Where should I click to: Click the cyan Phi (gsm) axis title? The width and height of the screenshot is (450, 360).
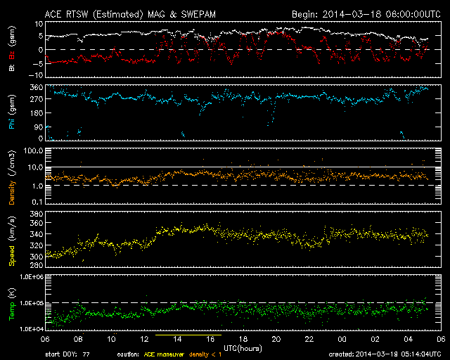click(12, 112)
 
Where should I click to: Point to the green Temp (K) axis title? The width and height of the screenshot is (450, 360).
click(12, 304)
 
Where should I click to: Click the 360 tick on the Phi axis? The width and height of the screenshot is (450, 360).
click(37, 87)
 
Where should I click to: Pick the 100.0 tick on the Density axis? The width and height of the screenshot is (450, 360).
click(34, 150)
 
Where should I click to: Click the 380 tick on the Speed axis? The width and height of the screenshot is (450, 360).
click(37, 214)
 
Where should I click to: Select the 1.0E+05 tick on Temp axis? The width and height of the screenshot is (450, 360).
click(31, 303)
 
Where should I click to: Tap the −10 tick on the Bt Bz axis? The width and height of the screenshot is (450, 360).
click(35, 75)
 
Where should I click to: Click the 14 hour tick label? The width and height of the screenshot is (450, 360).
click(177, 339)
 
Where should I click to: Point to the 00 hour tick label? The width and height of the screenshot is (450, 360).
click(342, 339)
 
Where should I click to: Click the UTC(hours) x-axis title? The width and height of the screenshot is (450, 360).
click(243, 349)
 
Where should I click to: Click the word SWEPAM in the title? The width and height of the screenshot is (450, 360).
click(198, 14)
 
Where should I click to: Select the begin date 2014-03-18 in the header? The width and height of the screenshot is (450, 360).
click(352, 14)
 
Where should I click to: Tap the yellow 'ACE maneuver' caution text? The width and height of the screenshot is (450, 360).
click(164, 354)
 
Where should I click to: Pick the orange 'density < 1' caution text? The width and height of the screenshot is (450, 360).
click(205, 354)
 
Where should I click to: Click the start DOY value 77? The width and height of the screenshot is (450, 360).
click(86, 354)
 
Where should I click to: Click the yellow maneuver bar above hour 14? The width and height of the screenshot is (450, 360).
click(188, 335)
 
